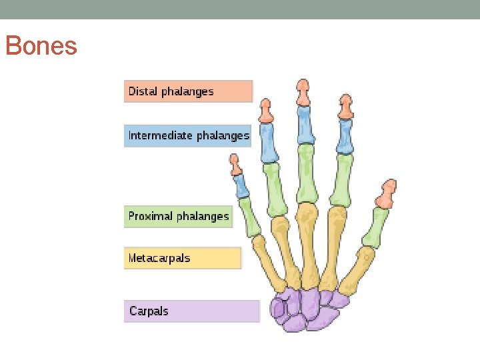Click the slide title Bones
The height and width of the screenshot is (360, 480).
pos(41,47)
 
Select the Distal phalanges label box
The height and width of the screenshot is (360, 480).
pos(188,91)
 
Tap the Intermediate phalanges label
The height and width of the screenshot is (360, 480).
pos(188,136)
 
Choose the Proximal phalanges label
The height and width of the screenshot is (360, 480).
pos(178,217)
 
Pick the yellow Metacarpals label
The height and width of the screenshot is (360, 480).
pos(182,258)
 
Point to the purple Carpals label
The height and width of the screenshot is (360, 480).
pos(191,311)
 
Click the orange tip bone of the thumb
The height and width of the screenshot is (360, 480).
pos(387,194)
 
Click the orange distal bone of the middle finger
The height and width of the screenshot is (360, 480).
pos(303,93)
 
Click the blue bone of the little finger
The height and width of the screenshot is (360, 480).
pos(241,186)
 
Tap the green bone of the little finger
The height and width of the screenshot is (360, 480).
pos(251,217)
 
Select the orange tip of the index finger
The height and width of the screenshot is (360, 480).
pos(345,107)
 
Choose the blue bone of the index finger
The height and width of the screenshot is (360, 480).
pos(344,137)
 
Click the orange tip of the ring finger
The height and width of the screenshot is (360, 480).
pos(266,113)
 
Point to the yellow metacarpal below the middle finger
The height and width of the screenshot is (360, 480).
pos(308,244)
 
